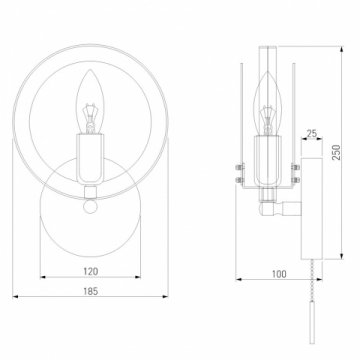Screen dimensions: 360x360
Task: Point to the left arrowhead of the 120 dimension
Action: point(42,278)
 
